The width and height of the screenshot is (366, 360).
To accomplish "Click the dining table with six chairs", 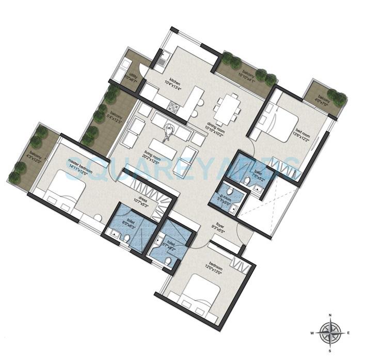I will pyautogui.click(x=228, y=108).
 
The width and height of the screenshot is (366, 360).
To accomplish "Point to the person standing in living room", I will pyautogui.click(x=169, y=133).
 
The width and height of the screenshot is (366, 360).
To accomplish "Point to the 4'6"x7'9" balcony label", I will pyautogui.click(x=323, y=99).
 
